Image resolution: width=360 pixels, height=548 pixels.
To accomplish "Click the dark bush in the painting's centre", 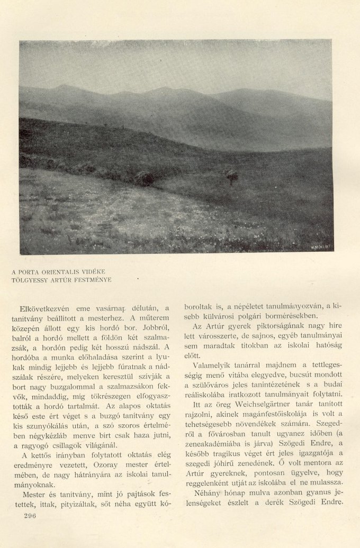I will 144,178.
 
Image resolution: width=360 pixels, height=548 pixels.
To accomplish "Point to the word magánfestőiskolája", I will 264,413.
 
